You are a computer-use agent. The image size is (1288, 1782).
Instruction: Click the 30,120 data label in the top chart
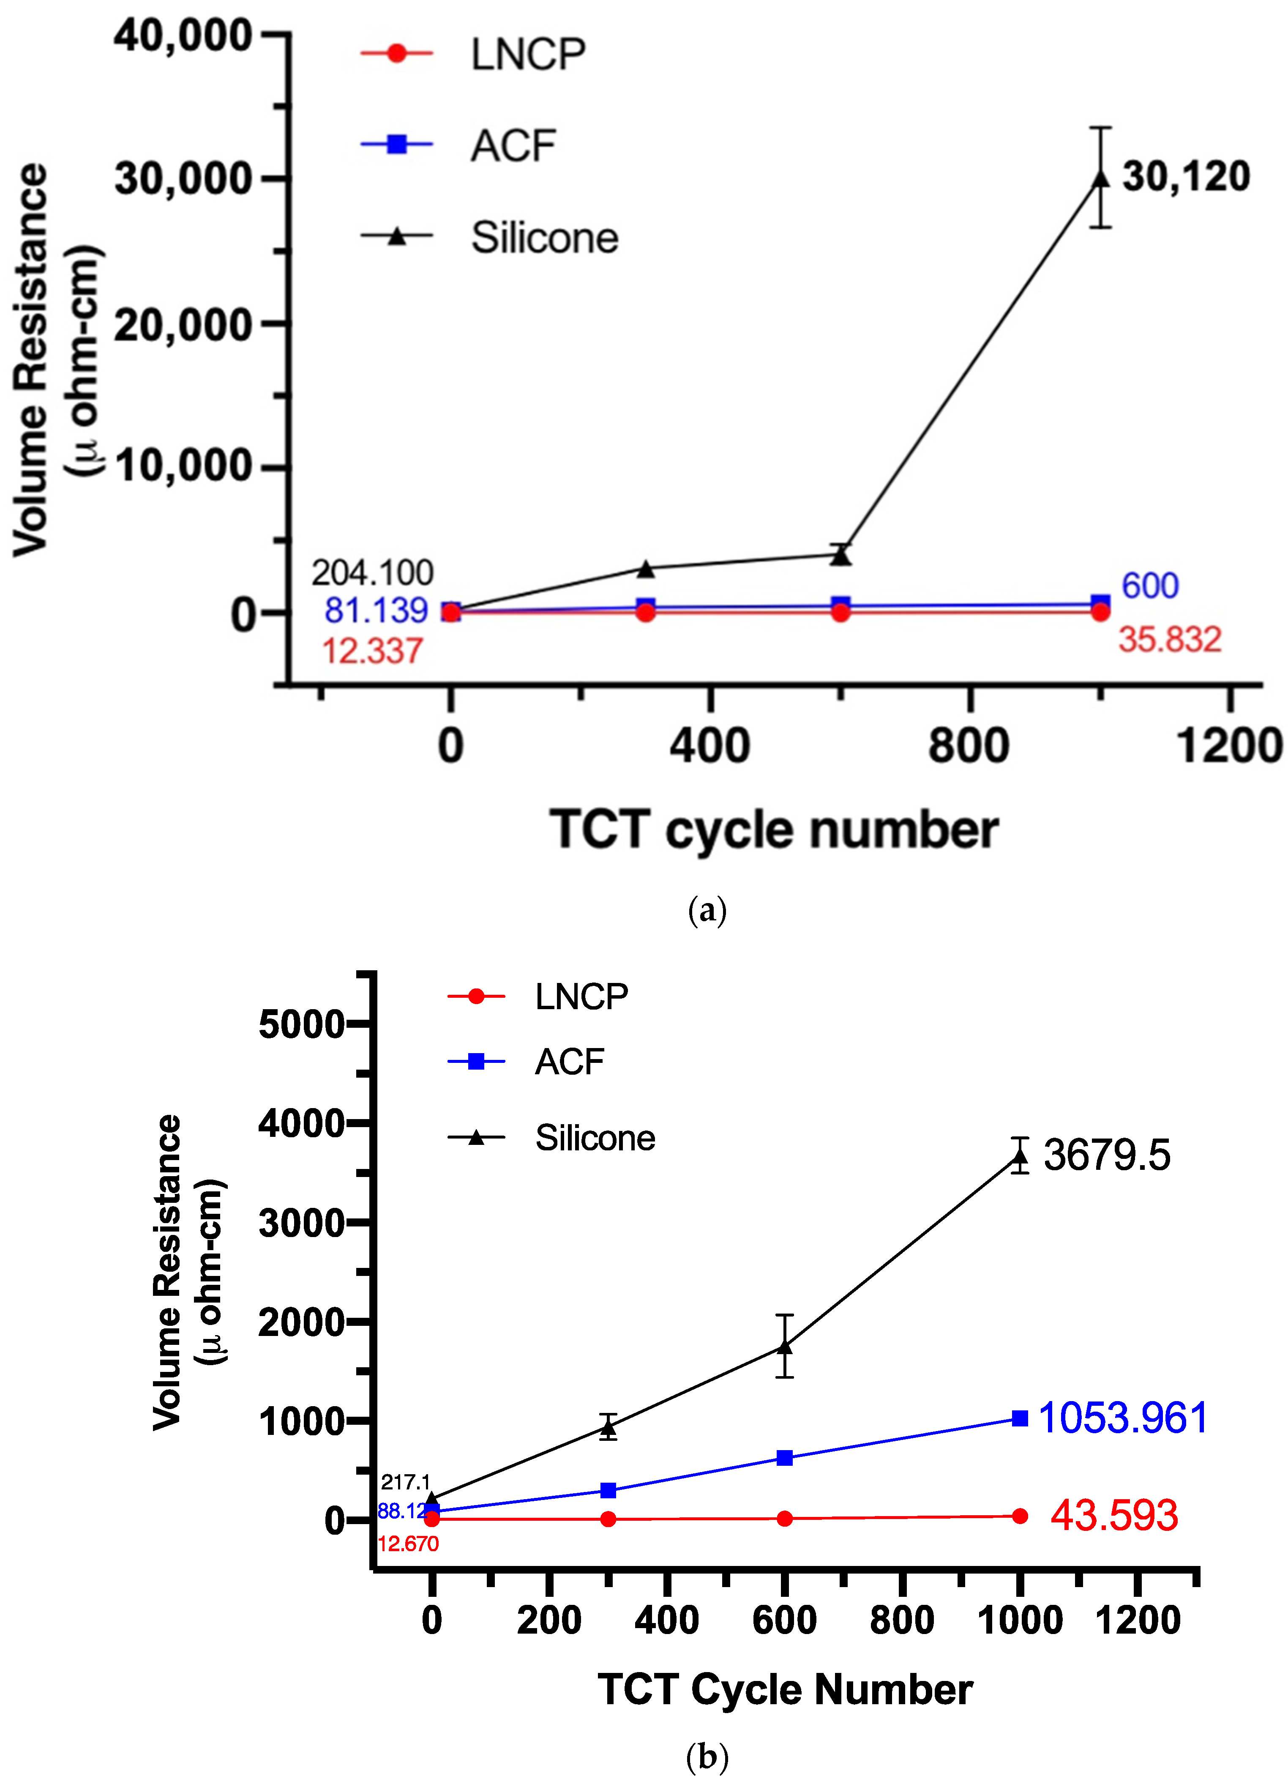click(1185, 177)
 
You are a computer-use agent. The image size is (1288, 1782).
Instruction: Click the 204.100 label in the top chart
click(372, 573)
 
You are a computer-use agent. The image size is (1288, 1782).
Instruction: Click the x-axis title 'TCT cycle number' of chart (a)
click(774, 830)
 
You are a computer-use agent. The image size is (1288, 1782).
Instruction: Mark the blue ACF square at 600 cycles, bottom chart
click(785, 1458)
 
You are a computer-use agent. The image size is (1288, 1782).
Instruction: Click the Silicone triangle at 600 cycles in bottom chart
click(785, 1347)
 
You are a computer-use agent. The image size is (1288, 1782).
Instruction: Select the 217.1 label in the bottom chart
click(405, 1482)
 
